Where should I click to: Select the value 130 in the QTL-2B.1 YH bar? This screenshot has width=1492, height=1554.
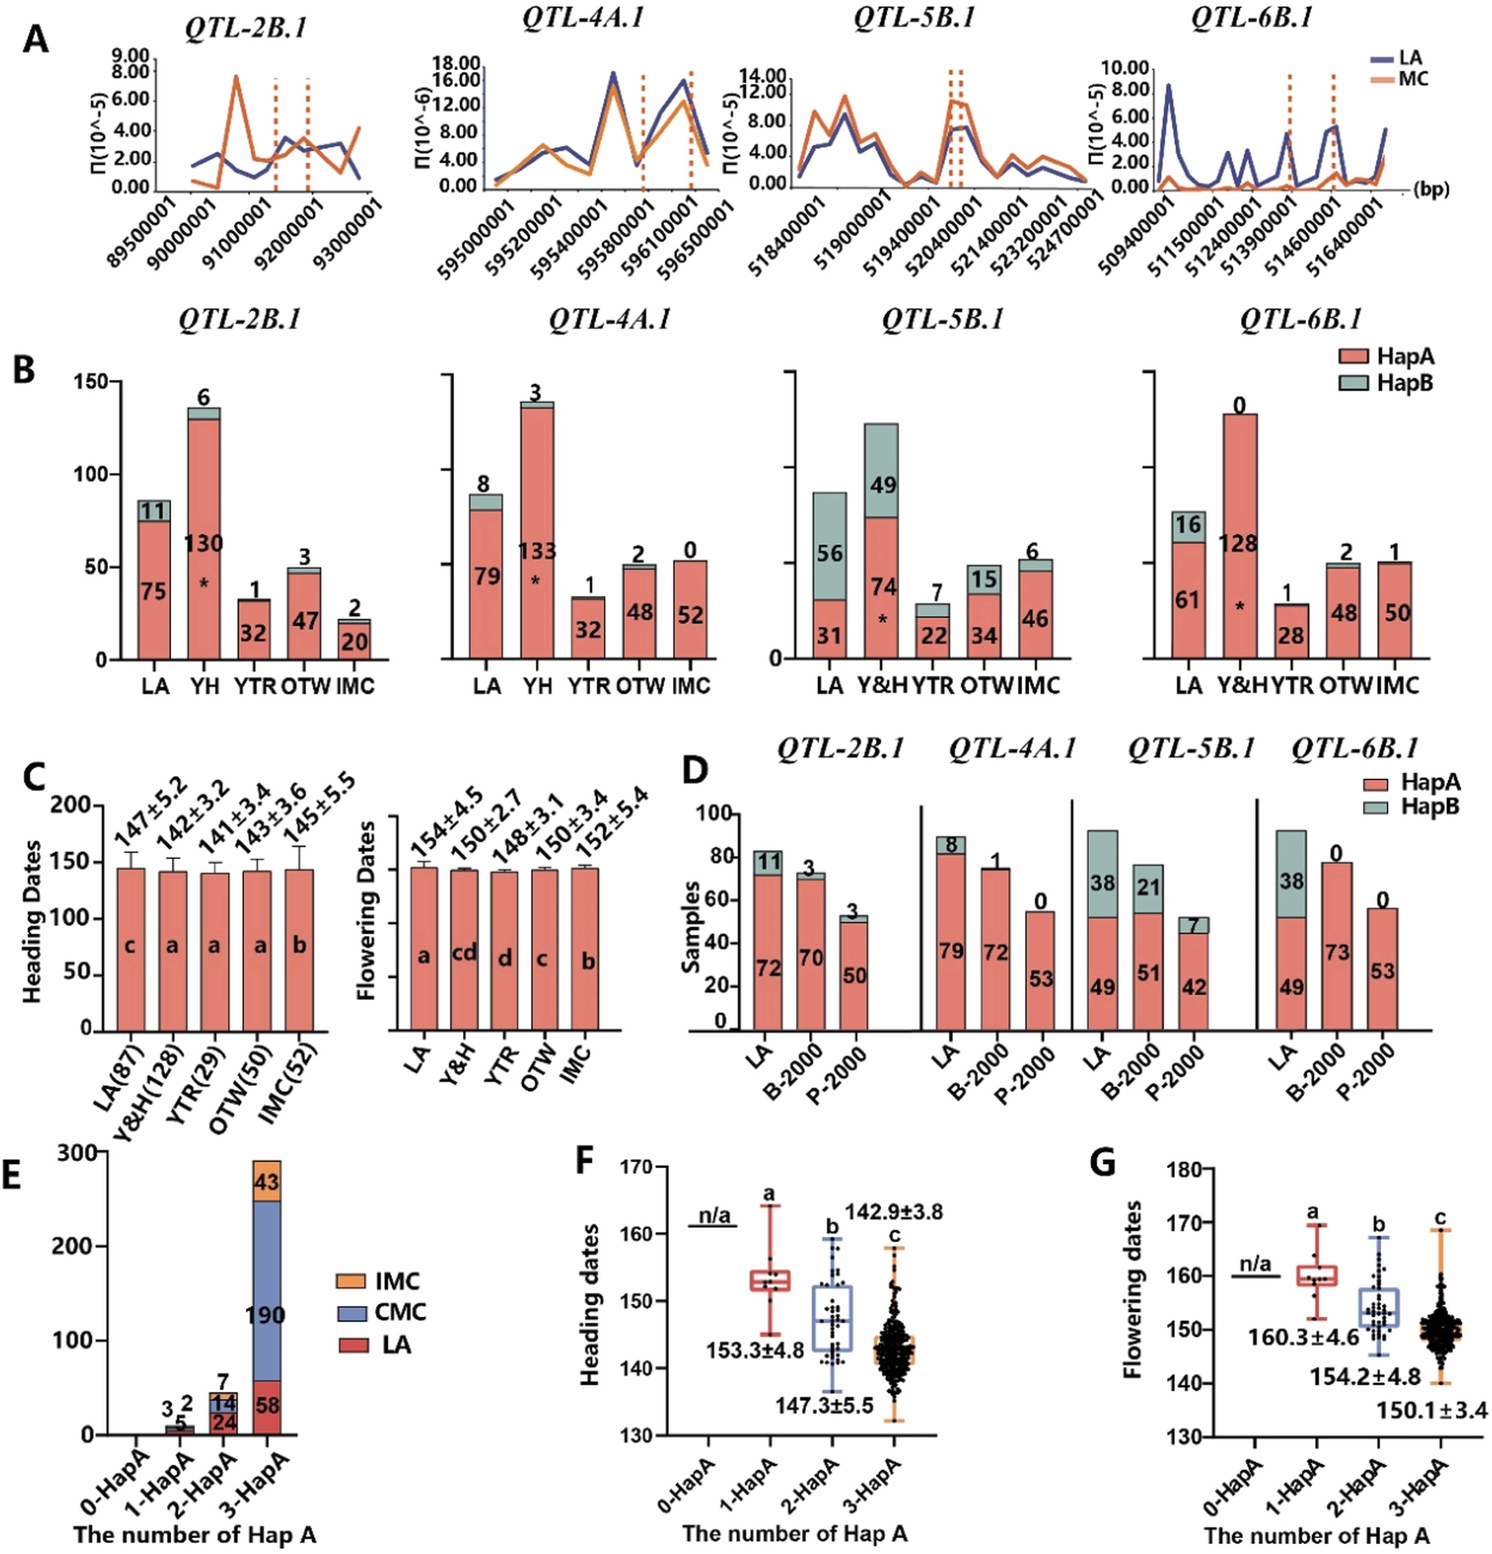[x=204, y=543]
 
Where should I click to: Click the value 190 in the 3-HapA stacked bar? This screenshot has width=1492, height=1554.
[x=265, y=1315]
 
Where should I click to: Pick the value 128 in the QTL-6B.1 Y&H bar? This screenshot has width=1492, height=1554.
[x=1237, y=543]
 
